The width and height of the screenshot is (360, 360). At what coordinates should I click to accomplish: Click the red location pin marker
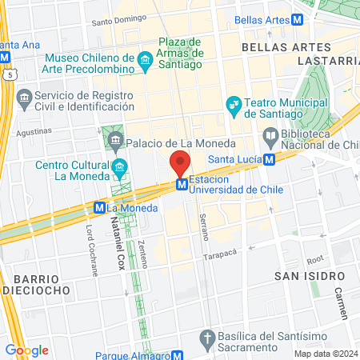[x=181, y=163]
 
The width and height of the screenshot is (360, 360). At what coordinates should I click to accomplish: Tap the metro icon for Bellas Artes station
[x=298, y=19]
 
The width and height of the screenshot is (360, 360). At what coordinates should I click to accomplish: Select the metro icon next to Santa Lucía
[x=269, y=159]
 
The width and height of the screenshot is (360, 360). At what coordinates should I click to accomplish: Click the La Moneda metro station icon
[x=99, y=207]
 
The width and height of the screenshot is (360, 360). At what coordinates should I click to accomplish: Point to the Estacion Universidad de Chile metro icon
[x=182, y=185]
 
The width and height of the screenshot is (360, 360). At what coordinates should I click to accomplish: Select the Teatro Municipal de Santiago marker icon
[x=234, y=104]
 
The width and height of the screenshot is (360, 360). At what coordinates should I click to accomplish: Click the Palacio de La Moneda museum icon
[x=116, y=142]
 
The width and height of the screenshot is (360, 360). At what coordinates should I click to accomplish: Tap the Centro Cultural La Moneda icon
[x=120, y=167]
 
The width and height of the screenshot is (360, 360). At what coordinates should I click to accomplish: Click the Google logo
[x=27, y=350]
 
